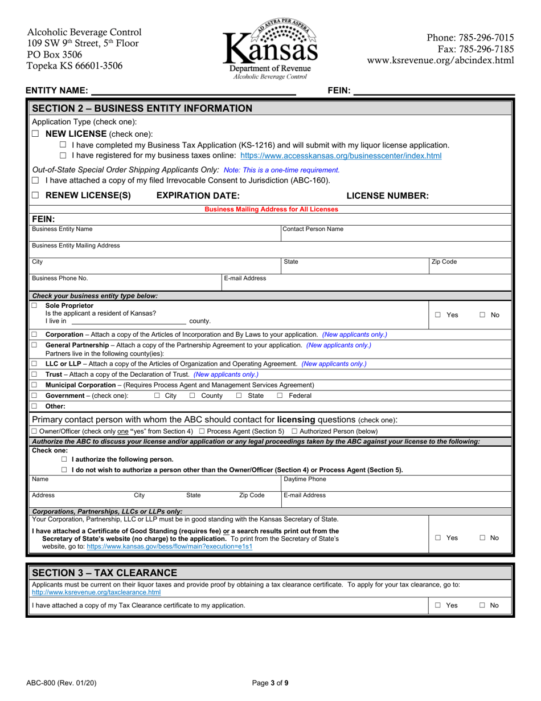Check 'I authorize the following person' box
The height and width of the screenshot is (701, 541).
[64, 459]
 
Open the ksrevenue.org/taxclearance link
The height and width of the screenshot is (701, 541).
[96, 593]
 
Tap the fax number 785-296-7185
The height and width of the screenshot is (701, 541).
[470, 49]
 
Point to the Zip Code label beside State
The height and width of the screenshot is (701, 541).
[444, 262]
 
